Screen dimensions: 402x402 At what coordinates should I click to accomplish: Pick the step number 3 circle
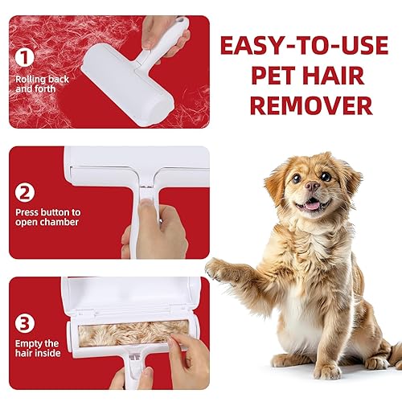[x=26, y=324]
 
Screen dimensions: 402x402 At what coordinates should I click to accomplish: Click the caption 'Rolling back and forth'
[x=42, y=84]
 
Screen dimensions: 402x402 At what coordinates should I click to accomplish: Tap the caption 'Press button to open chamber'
[x=47, y=217]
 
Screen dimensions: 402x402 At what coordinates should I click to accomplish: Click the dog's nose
[x=312, y=186]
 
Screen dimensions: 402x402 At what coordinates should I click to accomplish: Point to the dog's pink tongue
[x=310, y=206]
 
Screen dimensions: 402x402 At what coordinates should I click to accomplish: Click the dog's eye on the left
[x=295, y=177]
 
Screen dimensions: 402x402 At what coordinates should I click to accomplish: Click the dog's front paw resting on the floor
[x=326, y=371]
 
